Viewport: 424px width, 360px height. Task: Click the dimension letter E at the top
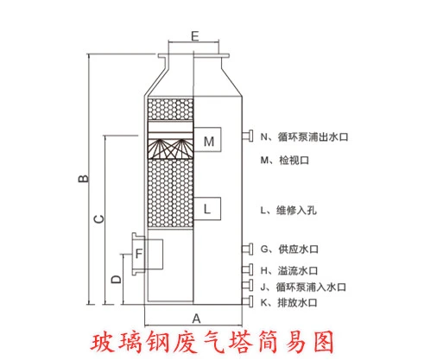(x=195, y=36)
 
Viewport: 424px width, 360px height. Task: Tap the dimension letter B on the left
(x=84, y=179)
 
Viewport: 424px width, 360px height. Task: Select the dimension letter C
(x=99, y=219)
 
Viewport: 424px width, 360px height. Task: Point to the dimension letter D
(x=117, y=279)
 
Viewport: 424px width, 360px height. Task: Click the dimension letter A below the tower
(x=196, y=319)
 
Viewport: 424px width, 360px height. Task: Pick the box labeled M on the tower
(x=207, y=139)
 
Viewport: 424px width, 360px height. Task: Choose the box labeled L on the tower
(x=207, y=209)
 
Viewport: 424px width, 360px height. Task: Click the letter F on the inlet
(x=139, y=254)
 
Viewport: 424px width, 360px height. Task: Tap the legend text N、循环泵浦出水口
(x=304, y=136)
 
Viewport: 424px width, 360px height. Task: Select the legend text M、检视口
(x=285, y=161)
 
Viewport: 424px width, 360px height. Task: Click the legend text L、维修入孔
(x=288, y=211)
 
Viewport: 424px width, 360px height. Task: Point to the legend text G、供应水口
(x=289, y=249)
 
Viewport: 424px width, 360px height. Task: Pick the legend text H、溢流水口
(x=289, y=271)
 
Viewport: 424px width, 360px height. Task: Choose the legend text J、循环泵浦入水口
(x=303, y=287)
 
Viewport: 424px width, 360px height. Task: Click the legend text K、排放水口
(x=288, y=303)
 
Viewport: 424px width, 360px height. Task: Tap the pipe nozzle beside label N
(x=248, y=136)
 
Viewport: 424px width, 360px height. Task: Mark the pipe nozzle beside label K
(x=248, y=301)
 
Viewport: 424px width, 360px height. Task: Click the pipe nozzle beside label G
(x=248, y=249)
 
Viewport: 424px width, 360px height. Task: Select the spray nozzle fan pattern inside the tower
(x=170, y=148)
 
